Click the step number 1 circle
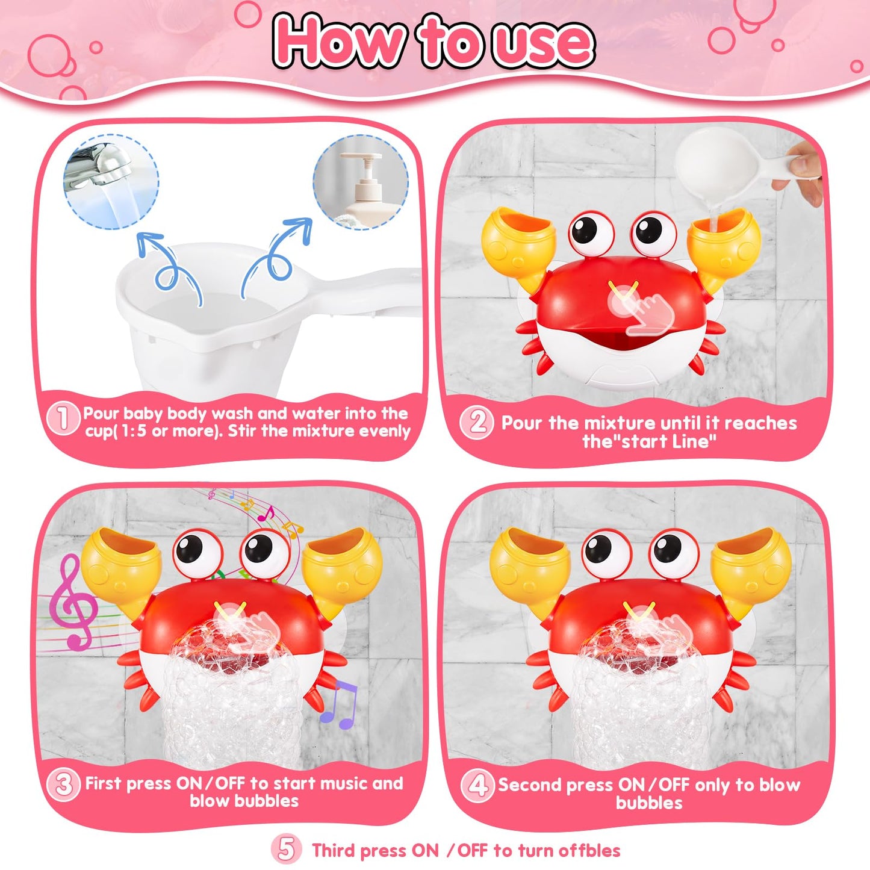[64, 418]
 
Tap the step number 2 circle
[477, 423]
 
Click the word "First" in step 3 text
[105, 783]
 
